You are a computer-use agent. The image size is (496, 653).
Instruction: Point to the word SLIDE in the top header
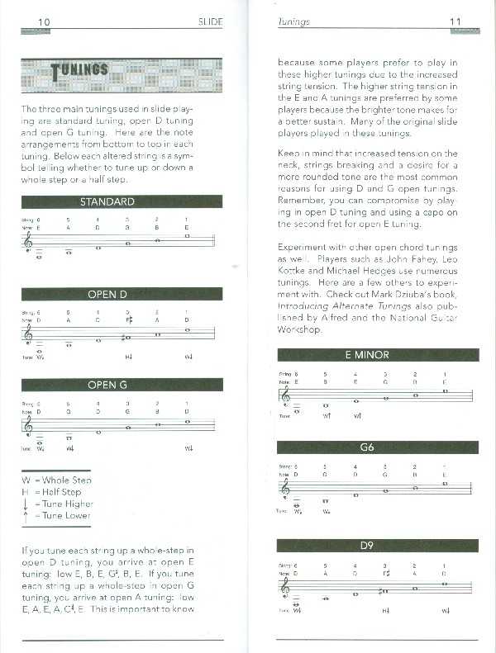(210, 21)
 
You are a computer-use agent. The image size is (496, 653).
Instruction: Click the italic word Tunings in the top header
(294, 21)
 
